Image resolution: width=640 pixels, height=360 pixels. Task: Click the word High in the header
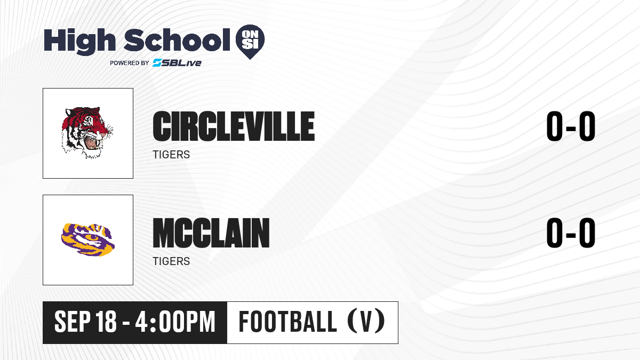[x=79, y=42]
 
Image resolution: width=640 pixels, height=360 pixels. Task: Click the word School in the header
[x=177, y=39]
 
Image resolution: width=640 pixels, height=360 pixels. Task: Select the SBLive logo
[x=177, y=62]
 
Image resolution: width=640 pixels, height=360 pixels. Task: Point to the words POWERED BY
[x=130, y=63]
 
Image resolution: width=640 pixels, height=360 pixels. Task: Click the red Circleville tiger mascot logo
[x=87, y=133]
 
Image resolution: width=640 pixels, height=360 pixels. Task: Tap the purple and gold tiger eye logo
[x=88, y=239]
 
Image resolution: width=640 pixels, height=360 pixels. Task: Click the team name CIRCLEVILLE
[x=234, y=126]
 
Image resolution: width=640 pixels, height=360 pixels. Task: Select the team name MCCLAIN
[x=211, y=233]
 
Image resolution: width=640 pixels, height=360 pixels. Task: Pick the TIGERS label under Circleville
[x=171, y=155]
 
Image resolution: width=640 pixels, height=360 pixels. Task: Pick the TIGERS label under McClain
[x=171, y=261]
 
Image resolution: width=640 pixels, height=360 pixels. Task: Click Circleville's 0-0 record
[x=571, y=126]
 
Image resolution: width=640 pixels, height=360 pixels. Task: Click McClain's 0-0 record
[x=571, y=233]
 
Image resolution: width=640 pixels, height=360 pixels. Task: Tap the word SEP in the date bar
[x=72, y=322]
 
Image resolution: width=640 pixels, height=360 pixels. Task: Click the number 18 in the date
[x=106, y=322]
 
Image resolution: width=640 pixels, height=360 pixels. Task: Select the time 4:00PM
[x=175, y=322]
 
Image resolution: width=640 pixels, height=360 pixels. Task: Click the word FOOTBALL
[x=287, y=321]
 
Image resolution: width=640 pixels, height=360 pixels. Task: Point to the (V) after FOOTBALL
[x=366, y=321]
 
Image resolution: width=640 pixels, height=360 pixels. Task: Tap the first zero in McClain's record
[x=554, y=233]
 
